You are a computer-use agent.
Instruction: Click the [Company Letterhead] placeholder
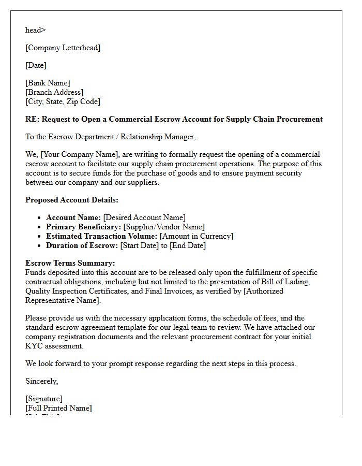(63, 48)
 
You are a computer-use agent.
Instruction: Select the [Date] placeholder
(36, 65)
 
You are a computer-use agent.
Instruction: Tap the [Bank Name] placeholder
(48, 83)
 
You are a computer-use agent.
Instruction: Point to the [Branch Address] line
(54, 92)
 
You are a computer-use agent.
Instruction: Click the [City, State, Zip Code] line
(63, 101)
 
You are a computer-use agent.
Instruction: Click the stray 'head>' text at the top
(35, 30)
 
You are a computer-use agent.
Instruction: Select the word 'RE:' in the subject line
(32, 119)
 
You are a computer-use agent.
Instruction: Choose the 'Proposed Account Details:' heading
(72, 200)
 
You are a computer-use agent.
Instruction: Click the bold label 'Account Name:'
(73, 217)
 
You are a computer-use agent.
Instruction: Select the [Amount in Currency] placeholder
(197, 236)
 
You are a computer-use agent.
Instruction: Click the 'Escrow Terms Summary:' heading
(70, 263)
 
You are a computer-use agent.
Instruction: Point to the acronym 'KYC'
(35, 346)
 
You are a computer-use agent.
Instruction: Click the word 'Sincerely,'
(42, 381)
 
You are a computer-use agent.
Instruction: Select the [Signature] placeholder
(44, 399)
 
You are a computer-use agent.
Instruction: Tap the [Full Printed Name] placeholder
(58, 408)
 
